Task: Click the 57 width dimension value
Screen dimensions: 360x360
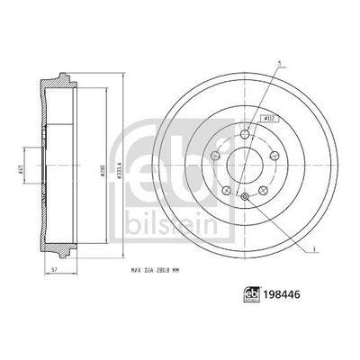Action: pyautogui.click(x=56, y=269)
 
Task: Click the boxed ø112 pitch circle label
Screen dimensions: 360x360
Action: pyautogui.click(x=268, y=117)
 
